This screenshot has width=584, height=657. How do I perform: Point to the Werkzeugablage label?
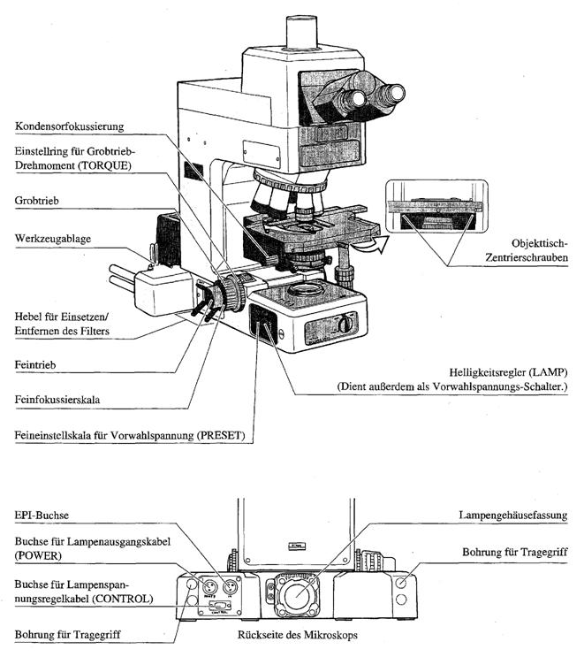coord(56,240)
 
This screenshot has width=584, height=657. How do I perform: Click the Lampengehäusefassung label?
coord(512,515)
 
